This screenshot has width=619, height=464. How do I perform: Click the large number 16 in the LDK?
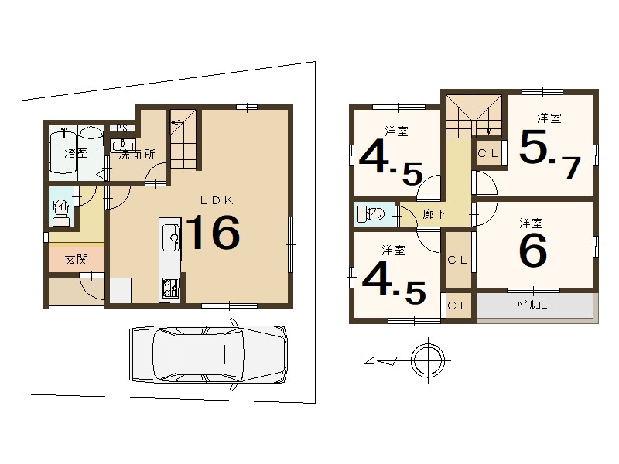pos(212,233)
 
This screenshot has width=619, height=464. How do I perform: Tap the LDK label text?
pos(217,200)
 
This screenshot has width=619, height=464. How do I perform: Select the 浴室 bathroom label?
pos(76,152)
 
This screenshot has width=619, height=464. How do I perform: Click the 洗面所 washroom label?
pos(137,155)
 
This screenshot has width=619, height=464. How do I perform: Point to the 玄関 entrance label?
pos(76,260)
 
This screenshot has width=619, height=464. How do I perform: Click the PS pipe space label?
pos(122,128)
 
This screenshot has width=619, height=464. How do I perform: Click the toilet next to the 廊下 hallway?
pos(371,215)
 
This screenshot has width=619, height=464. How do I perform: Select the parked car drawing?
pos(208,354)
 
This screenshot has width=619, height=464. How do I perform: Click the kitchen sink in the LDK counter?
pos(171,237)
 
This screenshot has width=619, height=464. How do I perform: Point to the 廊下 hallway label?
pos(434,214)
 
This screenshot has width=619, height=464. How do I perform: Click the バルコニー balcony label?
pos(535,305)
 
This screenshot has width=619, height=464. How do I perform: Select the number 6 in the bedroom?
pos(533,250)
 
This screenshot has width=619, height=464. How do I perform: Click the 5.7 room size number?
pos(549,154)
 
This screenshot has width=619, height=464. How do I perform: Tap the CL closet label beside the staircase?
pos(488,153)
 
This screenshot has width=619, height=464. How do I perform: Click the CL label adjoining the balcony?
pos(458,305)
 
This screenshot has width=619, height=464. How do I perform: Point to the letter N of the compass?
pos(369,360)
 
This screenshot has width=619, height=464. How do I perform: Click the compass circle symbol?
pos(428,360)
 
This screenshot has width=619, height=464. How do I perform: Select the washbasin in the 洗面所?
pos(124,145)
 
